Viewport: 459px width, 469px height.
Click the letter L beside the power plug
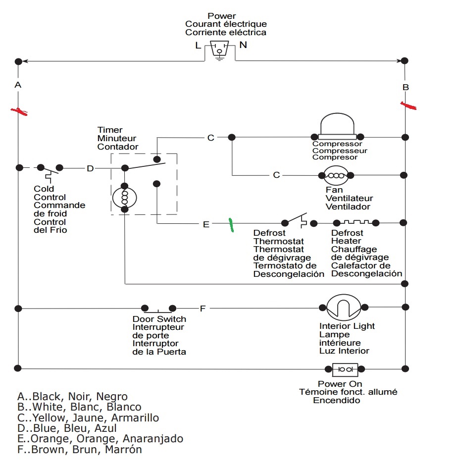coord(198,46)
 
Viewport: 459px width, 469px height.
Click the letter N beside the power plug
coord(243,45)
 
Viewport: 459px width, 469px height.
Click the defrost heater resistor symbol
coord(356,222)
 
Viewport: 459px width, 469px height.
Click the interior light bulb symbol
coord(343,308)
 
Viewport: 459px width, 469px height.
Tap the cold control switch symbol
coord(50,169)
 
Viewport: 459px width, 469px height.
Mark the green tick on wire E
coord(230,224)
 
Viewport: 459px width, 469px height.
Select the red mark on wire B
coord(408,105)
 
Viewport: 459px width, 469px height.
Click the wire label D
coord(90,168)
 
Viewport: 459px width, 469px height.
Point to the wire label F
coord(202,309)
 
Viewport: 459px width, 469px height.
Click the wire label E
coord(206,224)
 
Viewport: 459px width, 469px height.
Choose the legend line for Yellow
coord(88,417)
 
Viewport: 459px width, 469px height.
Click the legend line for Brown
coord(79,450)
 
